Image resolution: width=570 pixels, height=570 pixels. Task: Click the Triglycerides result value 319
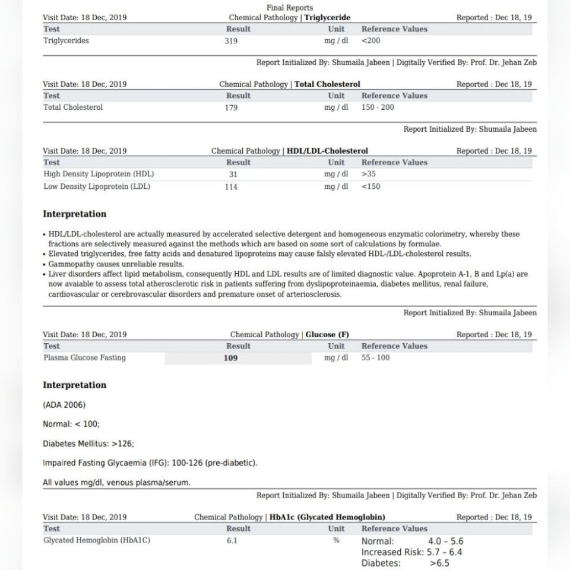[x=232, y=41]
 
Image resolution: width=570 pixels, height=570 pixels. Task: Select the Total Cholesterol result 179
[x=232, y=107]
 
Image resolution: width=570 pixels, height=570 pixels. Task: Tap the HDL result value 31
[x=232, y=175]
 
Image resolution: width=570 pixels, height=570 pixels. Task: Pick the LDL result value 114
[x=232, y=187]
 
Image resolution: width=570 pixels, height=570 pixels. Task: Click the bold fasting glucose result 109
[x=230, y=358]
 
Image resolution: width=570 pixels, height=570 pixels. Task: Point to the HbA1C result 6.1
[x=232, y=541]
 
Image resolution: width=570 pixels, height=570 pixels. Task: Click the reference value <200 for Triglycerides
[x=371, y=41]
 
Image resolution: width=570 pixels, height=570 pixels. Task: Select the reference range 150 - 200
[x=378, y=107]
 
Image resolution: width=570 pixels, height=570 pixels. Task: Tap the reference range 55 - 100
[x=376, y=358]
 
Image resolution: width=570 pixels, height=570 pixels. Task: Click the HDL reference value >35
[x=369, y=175]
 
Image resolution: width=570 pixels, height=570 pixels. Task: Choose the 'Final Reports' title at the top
[x=290, y=8]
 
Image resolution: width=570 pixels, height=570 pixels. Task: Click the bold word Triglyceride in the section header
[x=327, y=18]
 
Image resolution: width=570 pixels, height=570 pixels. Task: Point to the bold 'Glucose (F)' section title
[x=327, y=335]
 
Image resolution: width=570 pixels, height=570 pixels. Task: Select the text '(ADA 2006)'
[x=64, y=405]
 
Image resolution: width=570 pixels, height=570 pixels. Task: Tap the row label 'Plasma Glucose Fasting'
[x=84, y=358]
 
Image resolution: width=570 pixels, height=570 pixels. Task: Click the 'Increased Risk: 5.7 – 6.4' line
[x=411, y=552]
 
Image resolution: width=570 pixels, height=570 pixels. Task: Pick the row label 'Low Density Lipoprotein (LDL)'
[x=97, y=187]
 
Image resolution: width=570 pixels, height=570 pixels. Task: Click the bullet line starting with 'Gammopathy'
[x=116, y=264]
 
